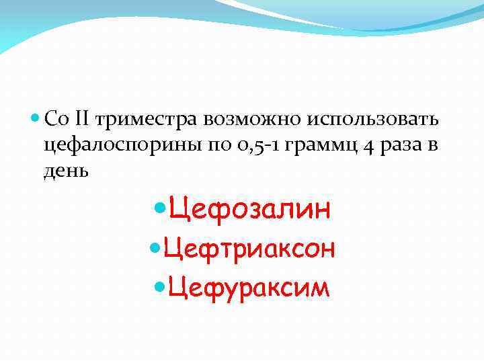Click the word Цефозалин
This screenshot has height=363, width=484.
250,209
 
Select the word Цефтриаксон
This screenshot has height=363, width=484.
249,249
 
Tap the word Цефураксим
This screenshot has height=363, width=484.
249,287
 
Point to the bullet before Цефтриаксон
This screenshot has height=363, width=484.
153,249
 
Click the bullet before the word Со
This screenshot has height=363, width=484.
35,120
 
